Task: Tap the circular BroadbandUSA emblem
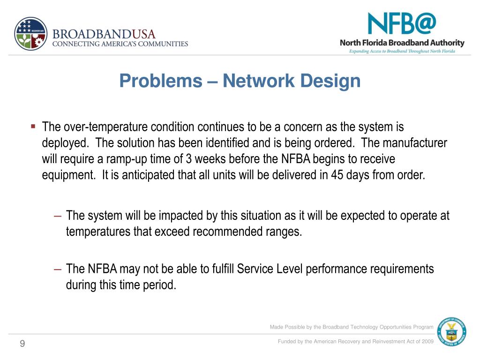tap(31, 34)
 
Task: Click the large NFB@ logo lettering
tap(402, 24)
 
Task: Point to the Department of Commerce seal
tap(451, 333)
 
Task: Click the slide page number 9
tap(22, 345)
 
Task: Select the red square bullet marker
tap(33, 126)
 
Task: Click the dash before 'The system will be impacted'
tap(58, 216)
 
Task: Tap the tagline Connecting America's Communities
tap(120, 44)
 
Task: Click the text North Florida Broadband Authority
tap(402, 43)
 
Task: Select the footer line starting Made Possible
tap(352, 327)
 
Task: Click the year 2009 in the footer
tap(427, 341)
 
